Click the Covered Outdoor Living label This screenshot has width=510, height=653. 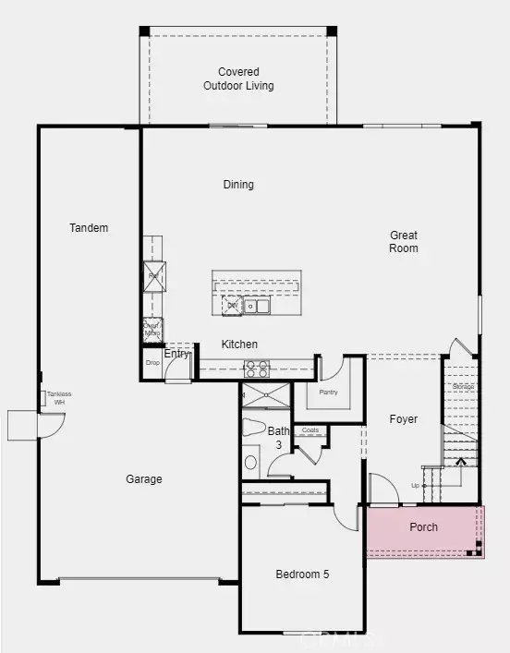(x=238, y=79)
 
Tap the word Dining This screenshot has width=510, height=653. (x=238, y=185)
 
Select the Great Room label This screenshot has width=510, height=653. (x=404, y=242)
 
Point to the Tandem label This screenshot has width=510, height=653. (x=89, y=228)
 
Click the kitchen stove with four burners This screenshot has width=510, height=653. (x=256, y=369)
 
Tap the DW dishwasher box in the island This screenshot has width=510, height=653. (x=231, y=306)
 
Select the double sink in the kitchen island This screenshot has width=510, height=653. (x=256, y=306)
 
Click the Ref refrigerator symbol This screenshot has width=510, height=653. (x=153, y=276)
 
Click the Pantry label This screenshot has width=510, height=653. (x=328, y=393)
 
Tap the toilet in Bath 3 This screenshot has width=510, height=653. (x=253, y=428)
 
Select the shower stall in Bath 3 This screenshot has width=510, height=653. (x=264, y=395)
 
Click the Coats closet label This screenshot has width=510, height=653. (x=310, y=430)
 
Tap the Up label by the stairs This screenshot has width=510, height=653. (x=416, y=485)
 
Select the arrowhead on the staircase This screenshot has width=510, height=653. (x=461, y=460)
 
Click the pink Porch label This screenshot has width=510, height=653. (x=423, y=527)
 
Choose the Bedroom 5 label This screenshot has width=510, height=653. (x=302, y=574)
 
